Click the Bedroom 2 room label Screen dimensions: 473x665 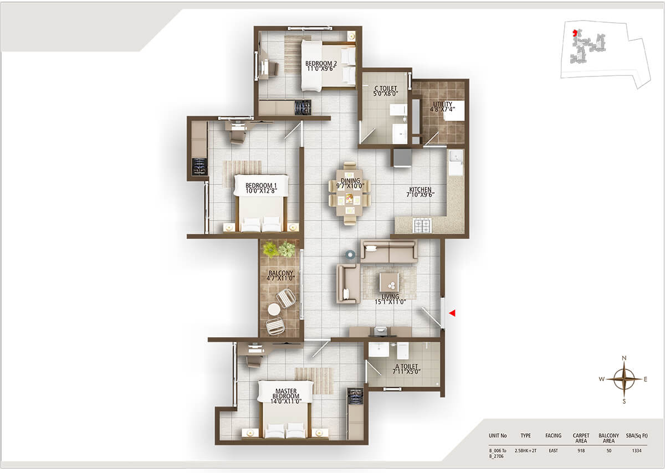point(321,66)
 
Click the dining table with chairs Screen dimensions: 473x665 point(349,193)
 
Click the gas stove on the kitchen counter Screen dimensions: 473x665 point(422,225)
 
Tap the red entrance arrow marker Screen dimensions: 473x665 point(452,313)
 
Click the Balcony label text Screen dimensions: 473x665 point(280,275)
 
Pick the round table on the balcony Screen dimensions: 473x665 point(274,310)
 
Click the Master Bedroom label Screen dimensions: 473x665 point(285,394)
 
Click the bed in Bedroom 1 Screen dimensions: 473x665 point(260,203)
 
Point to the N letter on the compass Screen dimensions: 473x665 point(624,358)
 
